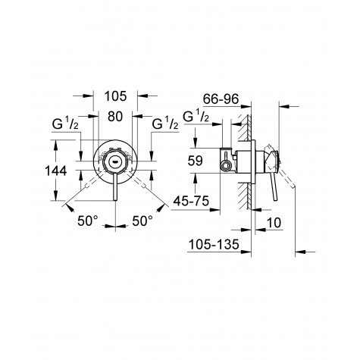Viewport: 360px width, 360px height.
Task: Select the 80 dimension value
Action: pos(114,117)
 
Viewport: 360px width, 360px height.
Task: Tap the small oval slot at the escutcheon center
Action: pos(114,161)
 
